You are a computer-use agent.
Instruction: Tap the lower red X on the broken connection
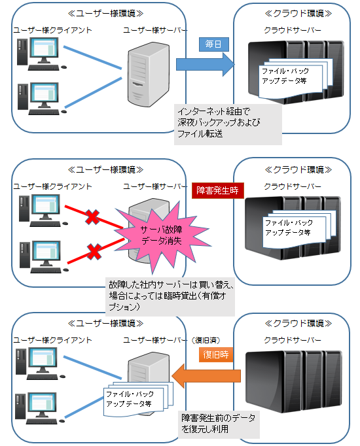coord(94,251)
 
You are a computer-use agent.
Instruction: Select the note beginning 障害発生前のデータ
coord(219,422)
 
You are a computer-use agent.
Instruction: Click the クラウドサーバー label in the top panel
coord(293,30)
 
